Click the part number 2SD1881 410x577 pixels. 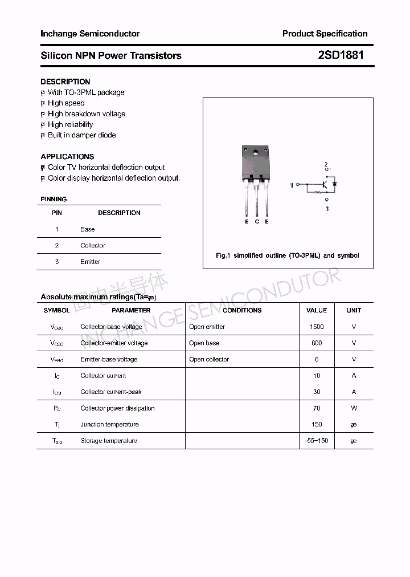(x=341, y=55)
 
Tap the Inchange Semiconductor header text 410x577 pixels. (x=90, y=34)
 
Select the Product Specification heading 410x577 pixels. (x=325, y=34)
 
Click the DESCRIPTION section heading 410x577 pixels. (x=65, y=82)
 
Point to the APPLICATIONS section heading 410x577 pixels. (x=67, y=156)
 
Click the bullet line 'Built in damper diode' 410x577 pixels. (x=81, y=135)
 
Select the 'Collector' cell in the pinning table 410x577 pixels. (x=93, y=245)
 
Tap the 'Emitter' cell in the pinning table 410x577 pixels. (x=90, y=262)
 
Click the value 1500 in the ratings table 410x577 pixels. (x=317, y=327)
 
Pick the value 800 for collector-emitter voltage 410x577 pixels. (x=317, y=343)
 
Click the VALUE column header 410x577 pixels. (x=317, y=310)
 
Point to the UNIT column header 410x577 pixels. (x=354, y=310)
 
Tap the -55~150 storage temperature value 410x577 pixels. (x=317, y=441)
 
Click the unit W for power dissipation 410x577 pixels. (x=354, y=408)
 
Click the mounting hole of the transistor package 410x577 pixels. (x=256, y=152)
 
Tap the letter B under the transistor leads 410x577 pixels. (x=247, y=221)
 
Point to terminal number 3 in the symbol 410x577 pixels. (x=327, y=209)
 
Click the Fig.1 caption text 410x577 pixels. (x=288, y=255)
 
